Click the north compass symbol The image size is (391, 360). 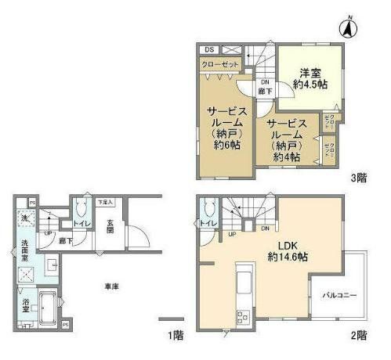coord(346,27)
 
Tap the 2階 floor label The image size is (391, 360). coord(358,335)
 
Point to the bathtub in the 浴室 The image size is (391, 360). coord(45,304)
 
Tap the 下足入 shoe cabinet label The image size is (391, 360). coord(104,203)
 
